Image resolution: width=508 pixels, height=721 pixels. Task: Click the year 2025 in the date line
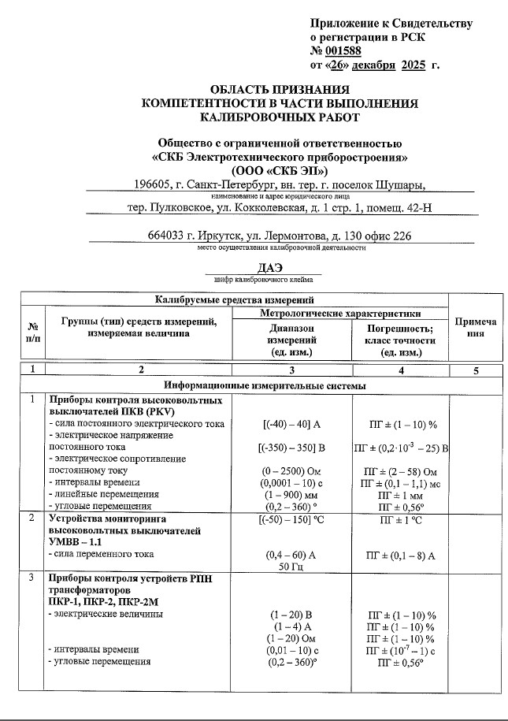tap(418, 64)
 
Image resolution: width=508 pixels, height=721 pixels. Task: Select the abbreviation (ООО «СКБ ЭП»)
tap(279, 169)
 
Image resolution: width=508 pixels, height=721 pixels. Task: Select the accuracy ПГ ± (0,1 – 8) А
tap(402, 556)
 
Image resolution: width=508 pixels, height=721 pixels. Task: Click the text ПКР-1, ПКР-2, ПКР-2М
tap(107, 602)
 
